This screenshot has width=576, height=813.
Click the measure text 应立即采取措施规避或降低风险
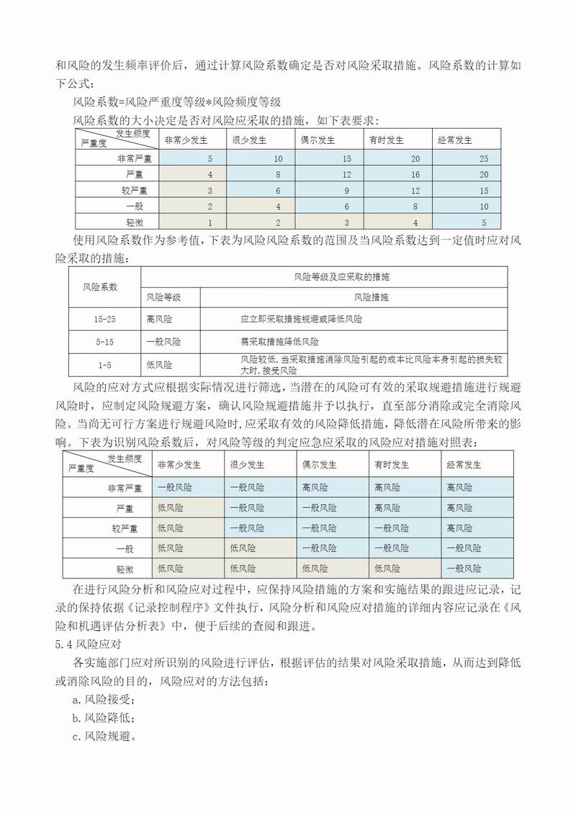click(302, 318)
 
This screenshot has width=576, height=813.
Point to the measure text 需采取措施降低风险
click(280, 342)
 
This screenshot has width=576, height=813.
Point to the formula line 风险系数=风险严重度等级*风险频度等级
click(177, 102)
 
